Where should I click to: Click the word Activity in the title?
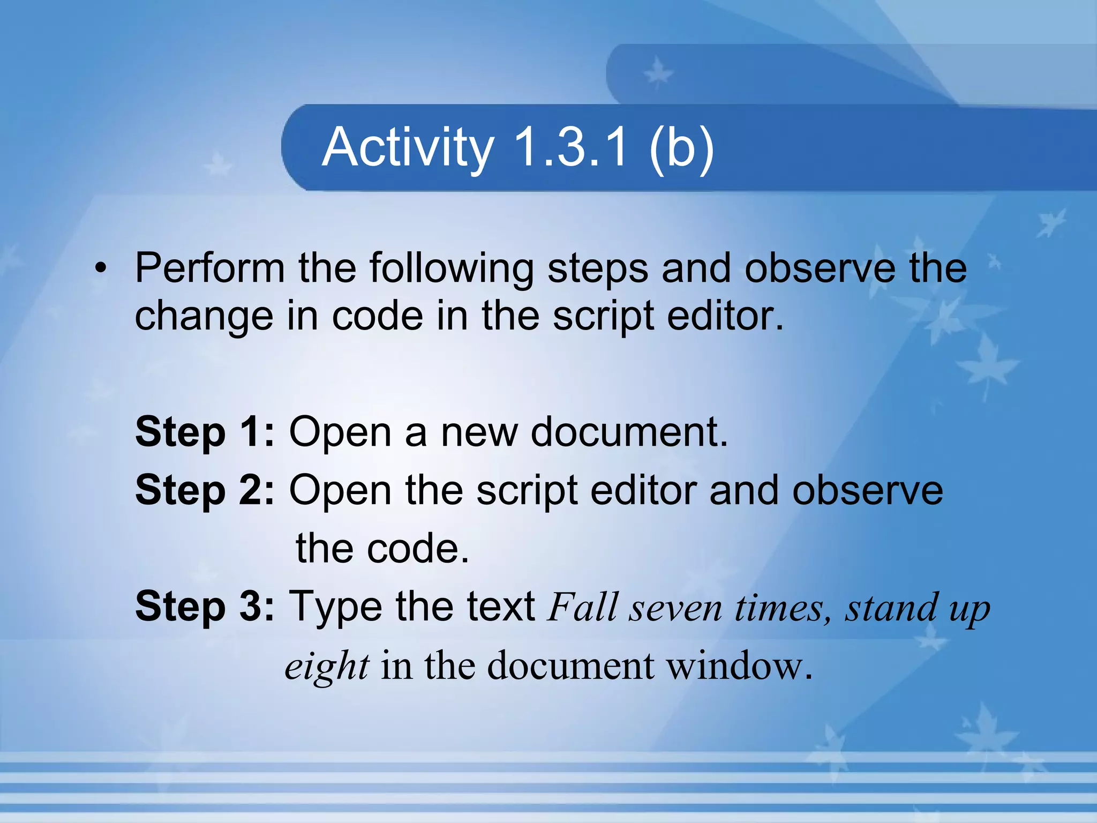408,148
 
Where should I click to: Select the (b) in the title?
681,148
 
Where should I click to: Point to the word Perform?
209,268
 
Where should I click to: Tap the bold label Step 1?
205,432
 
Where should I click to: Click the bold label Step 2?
205,491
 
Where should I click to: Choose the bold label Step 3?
205,607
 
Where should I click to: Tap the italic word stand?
892,608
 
